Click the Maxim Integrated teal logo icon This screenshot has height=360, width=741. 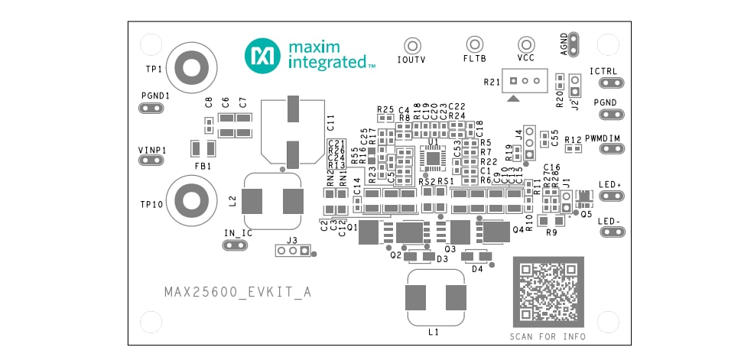pos(262,56)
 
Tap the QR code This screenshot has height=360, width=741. pos(548,291)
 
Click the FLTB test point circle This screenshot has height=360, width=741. pos(474,44)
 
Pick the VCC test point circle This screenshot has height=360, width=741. pos(525,44)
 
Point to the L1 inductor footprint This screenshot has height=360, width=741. pos(436,296)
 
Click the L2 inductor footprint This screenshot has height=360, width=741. pos(272,202)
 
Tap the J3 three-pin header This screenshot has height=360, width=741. pos(292,251)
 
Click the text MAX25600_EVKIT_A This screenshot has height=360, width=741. pos(238,292)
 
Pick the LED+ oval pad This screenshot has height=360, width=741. pos(609,195)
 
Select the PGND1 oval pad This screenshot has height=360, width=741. pos(151,108)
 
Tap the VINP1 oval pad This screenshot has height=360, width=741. pos(151,160)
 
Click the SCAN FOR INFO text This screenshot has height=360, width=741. pos(548,336)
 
